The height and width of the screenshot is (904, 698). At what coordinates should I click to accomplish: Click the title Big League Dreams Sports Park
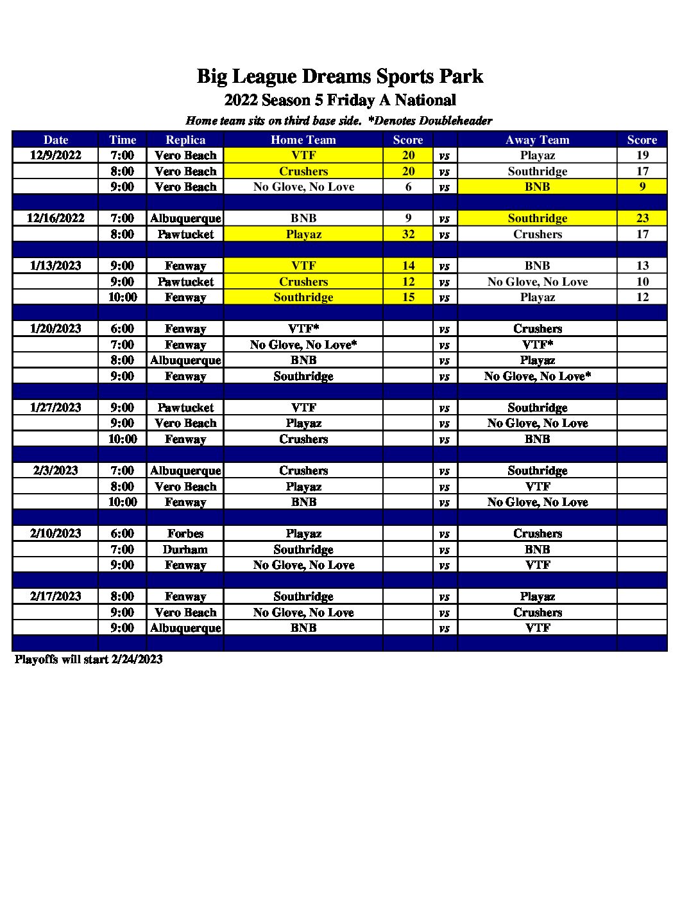coord(339,76)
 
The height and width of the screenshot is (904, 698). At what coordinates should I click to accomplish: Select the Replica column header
coord(185,140)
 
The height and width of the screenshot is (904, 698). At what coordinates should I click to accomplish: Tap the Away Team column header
coord(537,140)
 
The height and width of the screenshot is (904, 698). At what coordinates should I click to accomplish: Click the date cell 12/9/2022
coord(56,155)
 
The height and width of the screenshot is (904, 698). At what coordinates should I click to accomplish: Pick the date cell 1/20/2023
coord(56,329)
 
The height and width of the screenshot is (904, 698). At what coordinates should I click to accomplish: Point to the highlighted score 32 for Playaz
coord(408,234)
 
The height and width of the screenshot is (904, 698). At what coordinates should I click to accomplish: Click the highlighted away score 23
coord(642,218)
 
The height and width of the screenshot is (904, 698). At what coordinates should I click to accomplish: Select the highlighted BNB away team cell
coord(537,187)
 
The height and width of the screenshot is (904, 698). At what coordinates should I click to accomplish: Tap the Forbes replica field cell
coord(185,534)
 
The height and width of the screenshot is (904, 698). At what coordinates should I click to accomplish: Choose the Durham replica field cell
coord(185,550)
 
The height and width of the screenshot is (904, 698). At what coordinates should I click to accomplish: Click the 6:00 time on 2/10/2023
coord(123,534)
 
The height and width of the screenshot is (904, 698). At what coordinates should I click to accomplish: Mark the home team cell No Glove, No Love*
coord(303,345)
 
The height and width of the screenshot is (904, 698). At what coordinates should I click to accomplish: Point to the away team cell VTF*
coord(537,345)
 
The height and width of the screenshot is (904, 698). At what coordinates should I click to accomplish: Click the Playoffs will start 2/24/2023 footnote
coord(89,659)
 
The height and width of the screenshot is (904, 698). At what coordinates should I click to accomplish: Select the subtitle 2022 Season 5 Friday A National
coord(340,100)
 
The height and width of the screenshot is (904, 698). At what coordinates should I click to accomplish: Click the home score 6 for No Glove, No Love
coord(408,187)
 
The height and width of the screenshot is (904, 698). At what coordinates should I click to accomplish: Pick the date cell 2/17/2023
coord(56,596)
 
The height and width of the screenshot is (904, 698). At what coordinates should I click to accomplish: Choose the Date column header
coord(56,140)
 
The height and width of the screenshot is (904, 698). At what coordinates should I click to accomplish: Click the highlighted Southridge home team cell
coord(303,297)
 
